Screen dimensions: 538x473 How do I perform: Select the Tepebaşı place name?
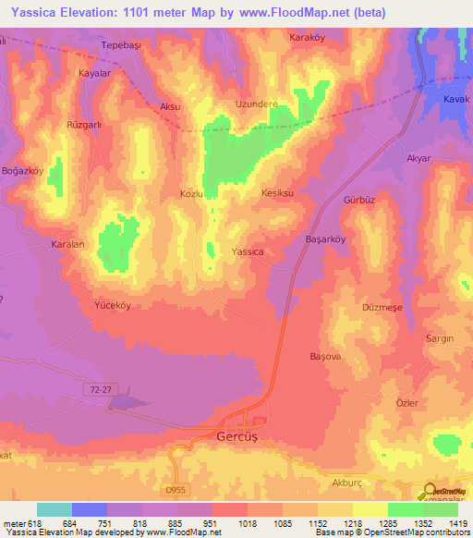click(x=119, y=44)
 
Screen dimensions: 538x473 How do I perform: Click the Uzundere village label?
click(x=257, y=104)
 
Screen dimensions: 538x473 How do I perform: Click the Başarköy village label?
click(x=324, y=238)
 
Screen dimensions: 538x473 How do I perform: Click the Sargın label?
click(x=439, y=339)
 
